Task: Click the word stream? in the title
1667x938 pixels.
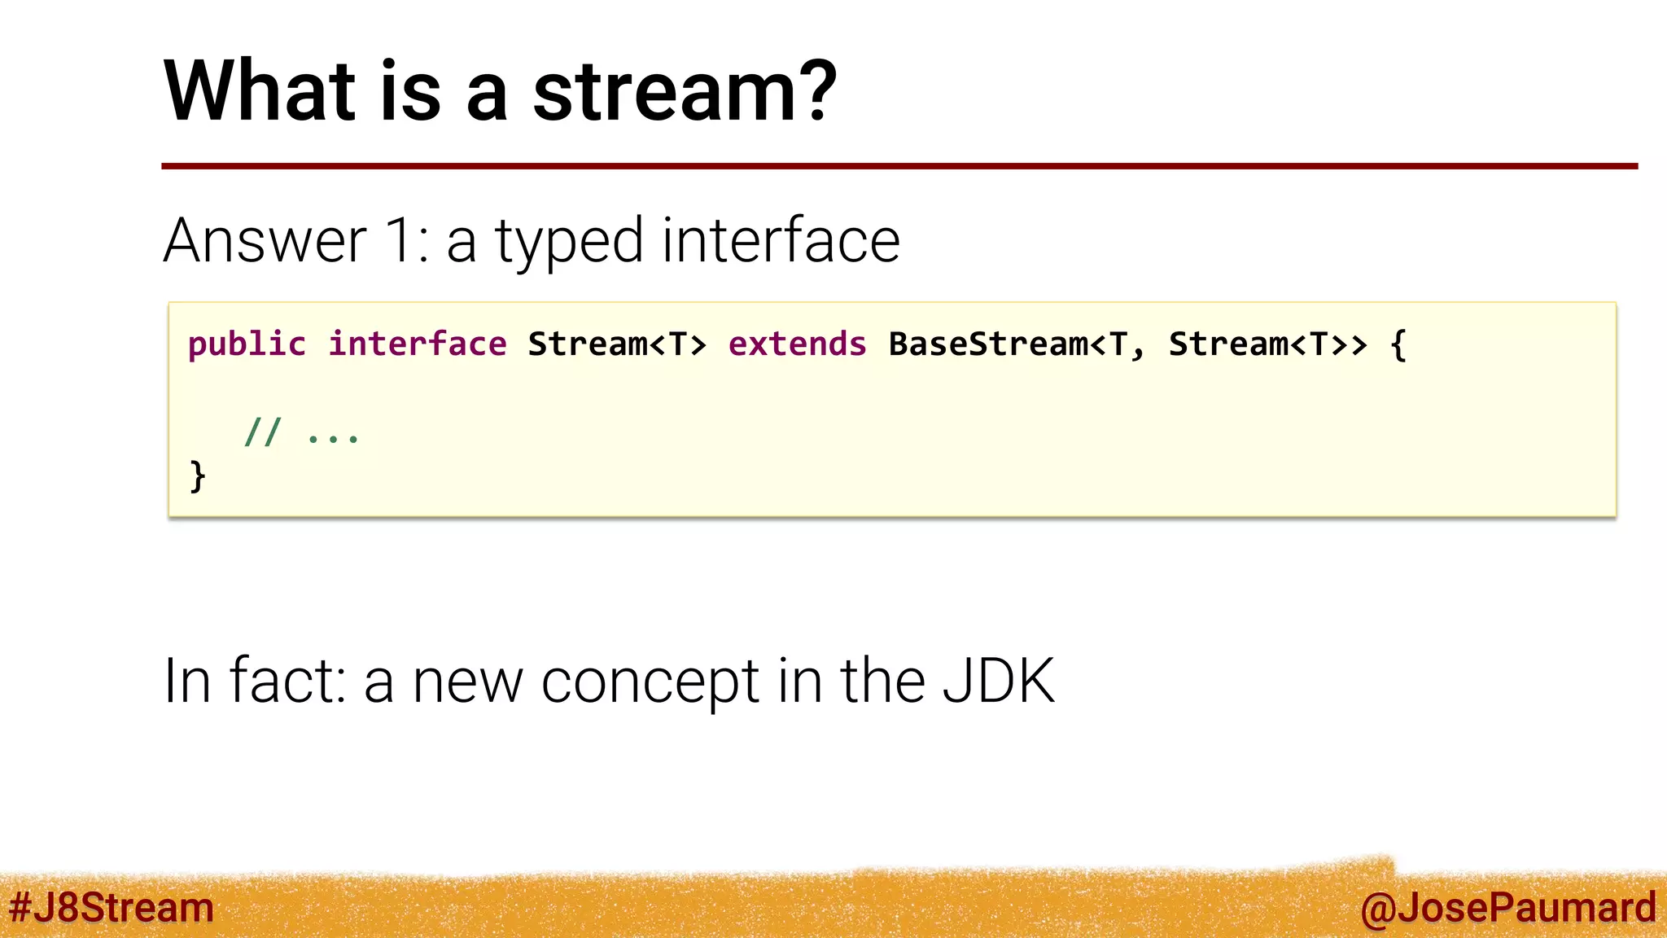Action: coord(685,91)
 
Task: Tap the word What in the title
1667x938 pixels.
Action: coord(260,91)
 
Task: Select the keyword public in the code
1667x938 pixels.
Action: coord(247,344)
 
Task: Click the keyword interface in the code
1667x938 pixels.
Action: coord(417,344)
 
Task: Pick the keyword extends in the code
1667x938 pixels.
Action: coord(797,344)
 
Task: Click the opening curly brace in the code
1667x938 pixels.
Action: coord(1398,344)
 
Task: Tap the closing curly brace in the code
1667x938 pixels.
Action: coord(197,476)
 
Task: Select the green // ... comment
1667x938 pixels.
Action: coord(301,432)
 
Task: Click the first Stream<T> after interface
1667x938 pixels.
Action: coord(617,344)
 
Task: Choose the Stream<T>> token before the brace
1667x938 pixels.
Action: coord(1267,344)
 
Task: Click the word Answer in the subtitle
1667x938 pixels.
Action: coord(265,241)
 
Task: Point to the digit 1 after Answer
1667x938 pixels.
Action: coord(402,241)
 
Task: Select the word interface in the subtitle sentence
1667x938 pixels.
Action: coord(781,241)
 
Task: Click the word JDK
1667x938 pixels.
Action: coord(998,681)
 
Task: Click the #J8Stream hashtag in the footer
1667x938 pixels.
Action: coord(112,908)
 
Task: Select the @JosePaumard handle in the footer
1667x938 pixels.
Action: coord(1507,908)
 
